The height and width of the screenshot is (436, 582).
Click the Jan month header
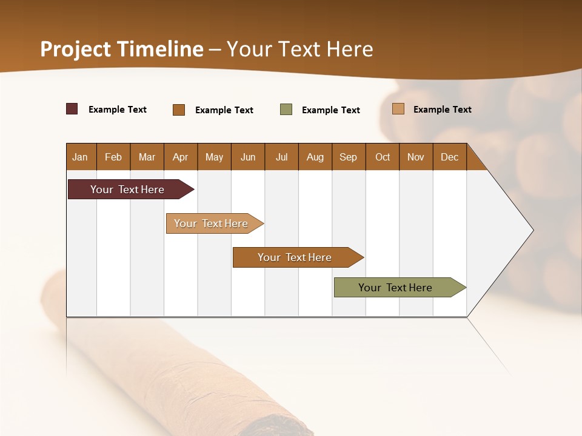pyautogui.click(x=80, y=157)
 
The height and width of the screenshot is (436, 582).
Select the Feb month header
pyautogui.click(x=113, y=157)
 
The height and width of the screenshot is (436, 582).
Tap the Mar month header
pyautogui.click(x=147, y=157)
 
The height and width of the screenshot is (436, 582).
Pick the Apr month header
pyautogui.click(x=181, y=157)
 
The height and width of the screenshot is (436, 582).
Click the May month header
pyautogui.click(x=214, y=157)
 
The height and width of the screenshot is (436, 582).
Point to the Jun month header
pyautogui.click(x=248, y=157)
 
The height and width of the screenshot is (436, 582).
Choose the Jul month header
pyautogui.click(x=281, y=157)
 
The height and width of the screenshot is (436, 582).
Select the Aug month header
pyautogui.click(x=315, y=157)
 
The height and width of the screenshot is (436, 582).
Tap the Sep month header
pyautogui.click(x=349, y=157)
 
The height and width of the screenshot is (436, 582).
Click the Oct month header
pyautogui.click(x=383, y=157)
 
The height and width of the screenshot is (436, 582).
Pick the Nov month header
pyautogui.click(x=416, y=157)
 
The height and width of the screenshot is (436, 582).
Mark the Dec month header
pyautogui.click(x=450, y=157)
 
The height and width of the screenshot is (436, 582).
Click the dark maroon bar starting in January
pyautogui.click(x=127, y=190)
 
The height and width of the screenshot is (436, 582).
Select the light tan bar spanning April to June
pyautogui.click(x=211, y=223)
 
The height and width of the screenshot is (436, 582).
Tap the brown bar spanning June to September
pyautogui.click(x=295, y=257)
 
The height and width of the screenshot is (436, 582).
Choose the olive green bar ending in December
pyautogui.click(x=395, y=288)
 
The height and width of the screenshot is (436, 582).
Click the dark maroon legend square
pyautogui.click(x=72, y=109)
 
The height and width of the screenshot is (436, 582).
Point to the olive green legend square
pyautogui.click(x=286, y=110)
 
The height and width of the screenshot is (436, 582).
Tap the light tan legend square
pyautogui.click(x=398, y=109)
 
